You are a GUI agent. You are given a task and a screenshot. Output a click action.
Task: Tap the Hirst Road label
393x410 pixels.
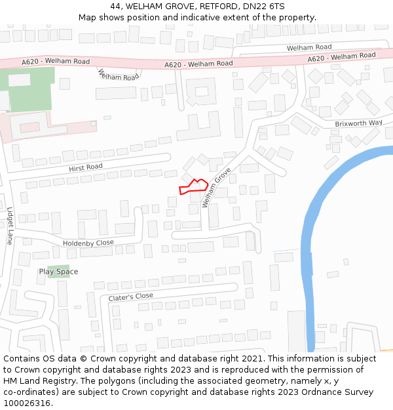coord(86,168)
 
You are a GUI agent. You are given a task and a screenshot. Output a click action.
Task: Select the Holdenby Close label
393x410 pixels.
coord(88,243)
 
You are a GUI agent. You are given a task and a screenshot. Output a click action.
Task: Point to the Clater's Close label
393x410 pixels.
coord(131,296)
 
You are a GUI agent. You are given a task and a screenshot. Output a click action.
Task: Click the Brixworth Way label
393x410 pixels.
coord(358,123)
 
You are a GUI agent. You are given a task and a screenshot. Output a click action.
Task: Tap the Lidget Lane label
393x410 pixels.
coord(10,226)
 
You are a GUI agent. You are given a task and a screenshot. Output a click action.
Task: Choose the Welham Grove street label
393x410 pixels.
coord(217,188)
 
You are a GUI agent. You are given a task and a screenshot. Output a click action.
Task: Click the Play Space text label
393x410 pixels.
coord(58,272)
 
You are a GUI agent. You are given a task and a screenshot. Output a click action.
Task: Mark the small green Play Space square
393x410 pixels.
coord(58,270)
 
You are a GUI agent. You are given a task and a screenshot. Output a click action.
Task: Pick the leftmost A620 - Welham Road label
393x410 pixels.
coord(56,62)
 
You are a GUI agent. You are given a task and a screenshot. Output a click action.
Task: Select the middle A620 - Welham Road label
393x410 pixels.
coord(198,64)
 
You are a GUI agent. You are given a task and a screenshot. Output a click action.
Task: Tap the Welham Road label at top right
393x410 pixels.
coord(309,47)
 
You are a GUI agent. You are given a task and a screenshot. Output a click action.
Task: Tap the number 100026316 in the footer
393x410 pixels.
coord(26,403)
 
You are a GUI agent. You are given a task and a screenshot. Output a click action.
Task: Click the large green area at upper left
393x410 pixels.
coord(29,92)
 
